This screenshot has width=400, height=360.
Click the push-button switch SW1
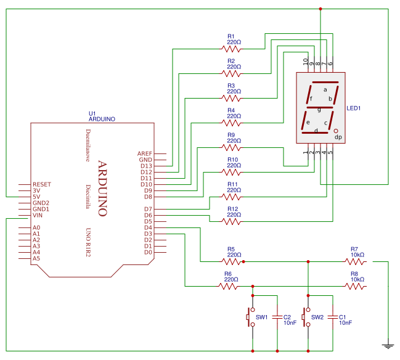pyautogui.click(x=251, y=317)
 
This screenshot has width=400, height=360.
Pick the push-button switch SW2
pyautogui.click(x=306, y=317)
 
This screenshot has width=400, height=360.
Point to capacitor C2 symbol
pyautogui.click(x=278, y=318)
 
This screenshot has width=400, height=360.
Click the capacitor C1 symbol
pyautogui.click(x=333, y=318)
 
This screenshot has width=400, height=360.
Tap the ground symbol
pyautogui.click(x=388, y=346)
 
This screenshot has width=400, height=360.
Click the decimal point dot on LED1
pyautogui.click(x=336, y=131)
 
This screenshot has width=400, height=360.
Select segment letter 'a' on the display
pyautogui.click(x=325, y=89)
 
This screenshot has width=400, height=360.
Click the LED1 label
pyautogui.click(x=353, y=108)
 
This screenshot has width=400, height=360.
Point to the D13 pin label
pyautogui.click(x=145, y=166)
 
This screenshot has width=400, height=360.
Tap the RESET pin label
pyautogui.click(x=42, y=184)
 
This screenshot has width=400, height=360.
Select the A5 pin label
pyautogui.click(x=36, y=258)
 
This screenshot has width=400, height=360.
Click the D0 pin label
pyautogui.click(x=147, y=252)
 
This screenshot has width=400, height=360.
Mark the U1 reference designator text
pyautogui.click(x=92, y=113)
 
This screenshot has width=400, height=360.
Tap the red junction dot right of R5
pyautogui.click(x=244, y=261)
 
